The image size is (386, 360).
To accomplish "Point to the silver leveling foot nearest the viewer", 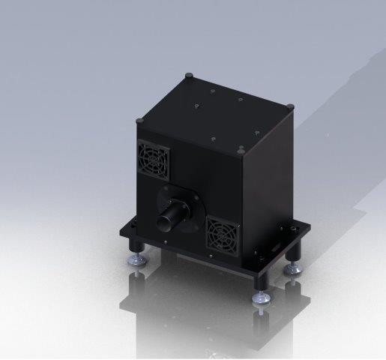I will [x=262, y=298].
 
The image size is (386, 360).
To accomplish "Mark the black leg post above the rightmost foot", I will [x=295, y=251].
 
